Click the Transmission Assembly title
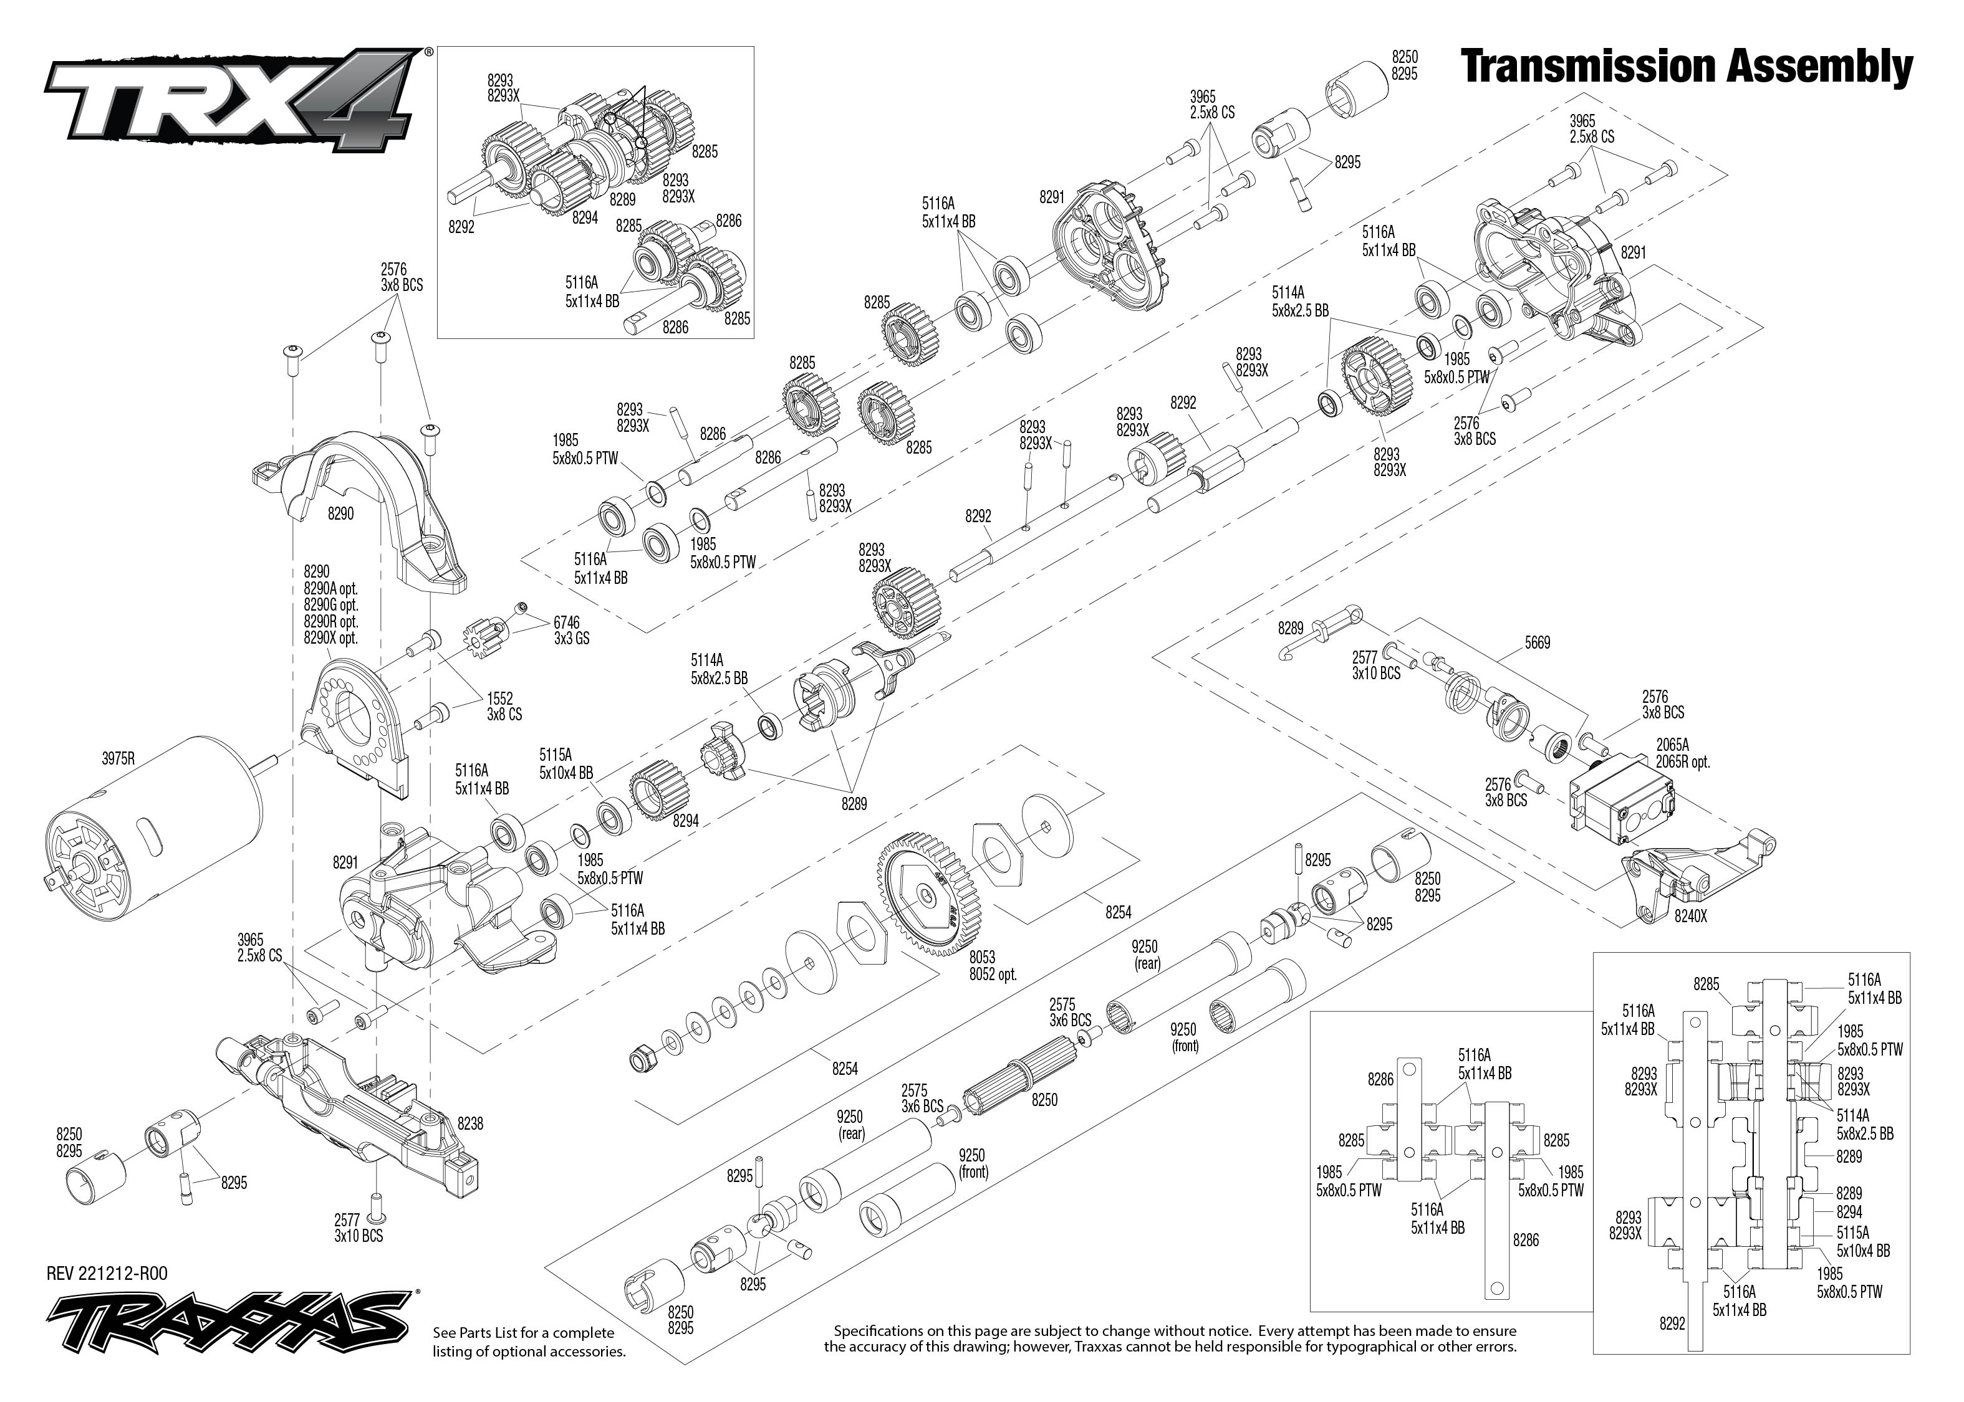pyautogui.click(x=1686, y=67)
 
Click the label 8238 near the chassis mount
pyautogui.click(x=471, y=1123)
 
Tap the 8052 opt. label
pyautogui.click(x=993, y=974)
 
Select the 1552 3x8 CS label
pyautogui.click(x=504, y=706)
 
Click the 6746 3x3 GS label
pyautogui.click(x=571, y=630)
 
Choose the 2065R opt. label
pyautogui.click(x=1682, y=762)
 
